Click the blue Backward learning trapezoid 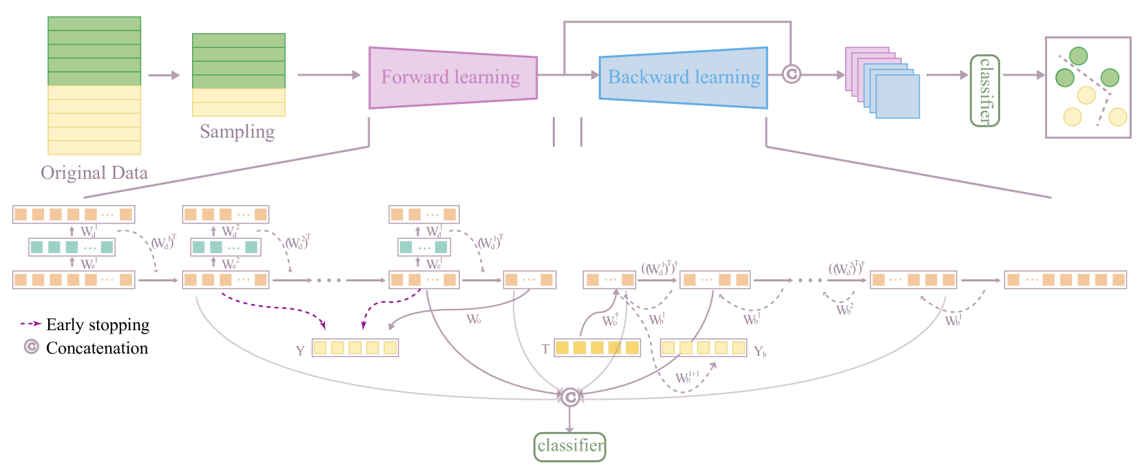click(x=683, y=77)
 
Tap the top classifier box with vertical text click(x=984, y=91)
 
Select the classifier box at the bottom click(x=570, y=446)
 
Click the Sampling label click(x=237, y=131)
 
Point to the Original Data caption click(x=94, y=172)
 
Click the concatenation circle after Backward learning click(x=792, y=74)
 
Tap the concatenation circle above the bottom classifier click(x=570, y=396)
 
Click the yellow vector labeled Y click(x=355, y=347)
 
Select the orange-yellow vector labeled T click(x=598, y=347)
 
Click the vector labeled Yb click(x=704, y=347)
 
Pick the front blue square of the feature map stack click(x=898, y=96)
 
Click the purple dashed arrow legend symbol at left click(x=31, y=323)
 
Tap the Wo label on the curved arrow click(x=474, y=319)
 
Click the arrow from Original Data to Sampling click(x=164, y=75)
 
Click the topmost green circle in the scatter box click(x=1079, y=56)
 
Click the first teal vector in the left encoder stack click(x=72, y=247)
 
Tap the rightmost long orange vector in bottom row click(x=1065, y=280)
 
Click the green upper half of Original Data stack click(x=94, y=52)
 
